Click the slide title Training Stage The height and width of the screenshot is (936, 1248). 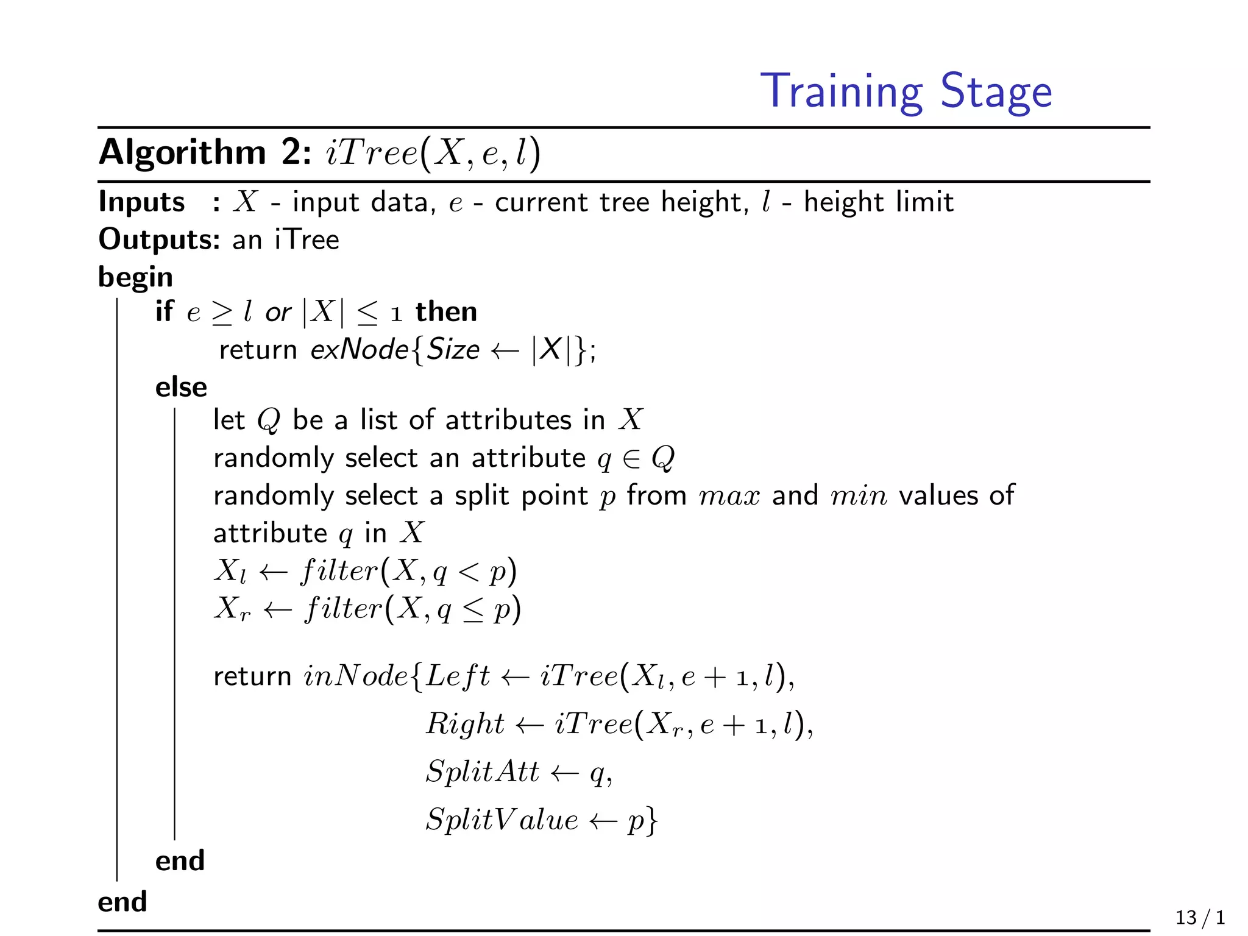tap(906, 91)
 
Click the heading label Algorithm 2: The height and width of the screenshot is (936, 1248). tap(205, 152)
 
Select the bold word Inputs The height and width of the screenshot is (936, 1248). tap(141, 202)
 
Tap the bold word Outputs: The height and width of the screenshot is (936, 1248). tap(159, 239)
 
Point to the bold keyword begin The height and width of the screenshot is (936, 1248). tap(135, 277)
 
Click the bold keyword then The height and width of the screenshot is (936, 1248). tap(446, 312)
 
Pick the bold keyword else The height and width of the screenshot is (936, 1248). tap(181, 387)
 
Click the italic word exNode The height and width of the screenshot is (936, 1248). tap(360, 350)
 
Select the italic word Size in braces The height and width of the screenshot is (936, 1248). tap(453, 350)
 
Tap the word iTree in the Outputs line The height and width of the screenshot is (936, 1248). tap(307, 239)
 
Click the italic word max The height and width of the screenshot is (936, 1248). tap(729, 495)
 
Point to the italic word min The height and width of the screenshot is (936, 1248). tap(859, 495)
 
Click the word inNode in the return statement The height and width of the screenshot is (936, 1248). tap(356, 676)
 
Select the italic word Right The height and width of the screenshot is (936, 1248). tap(465, 724)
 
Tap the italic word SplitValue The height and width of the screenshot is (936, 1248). tap(502, 820)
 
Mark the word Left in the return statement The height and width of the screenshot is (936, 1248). tap(458, 676)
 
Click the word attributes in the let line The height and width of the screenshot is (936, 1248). tap(508, 420)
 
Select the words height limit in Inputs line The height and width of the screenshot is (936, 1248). tap(878, 202)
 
